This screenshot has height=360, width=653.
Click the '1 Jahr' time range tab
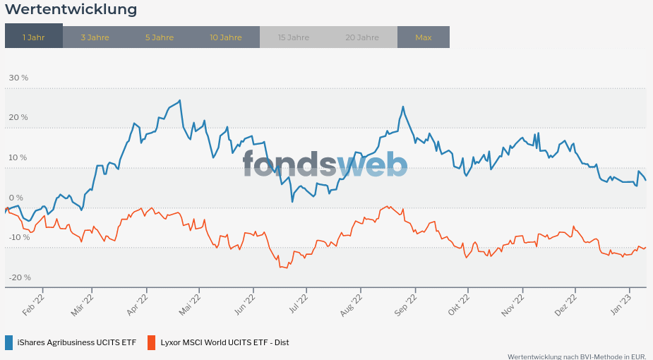[33, 37]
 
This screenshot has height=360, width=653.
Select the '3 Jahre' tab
[95, 37]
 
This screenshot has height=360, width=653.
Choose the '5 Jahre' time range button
[160, 37]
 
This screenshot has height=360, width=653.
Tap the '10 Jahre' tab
[226, 37]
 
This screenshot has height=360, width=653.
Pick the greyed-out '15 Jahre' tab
[293, 37]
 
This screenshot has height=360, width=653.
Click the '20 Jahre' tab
[362, 37]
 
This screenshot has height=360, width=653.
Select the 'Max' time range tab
[424, 37]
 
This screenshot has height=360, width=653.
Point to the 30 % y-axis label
[18, 78]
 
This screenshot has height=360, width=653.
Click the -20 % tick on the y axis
[19, 277]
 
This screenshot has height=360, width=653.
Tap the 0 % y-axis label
[16, 198]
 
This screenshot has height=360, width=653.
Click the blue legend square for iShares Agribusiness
[9, 342]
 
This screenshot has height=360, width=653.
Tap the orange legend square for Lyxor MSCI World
[151, 342]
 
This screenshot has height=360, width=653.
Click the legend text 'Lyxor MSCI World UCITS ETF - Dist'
[224, 342]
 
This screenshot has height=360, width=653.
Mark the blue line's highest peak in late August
[402, 107]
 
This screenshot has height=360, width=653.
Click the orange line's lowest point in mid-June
[282, 267]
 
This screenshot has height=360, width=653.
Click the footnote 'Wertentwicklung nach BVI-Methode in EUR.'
[577, 356]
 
